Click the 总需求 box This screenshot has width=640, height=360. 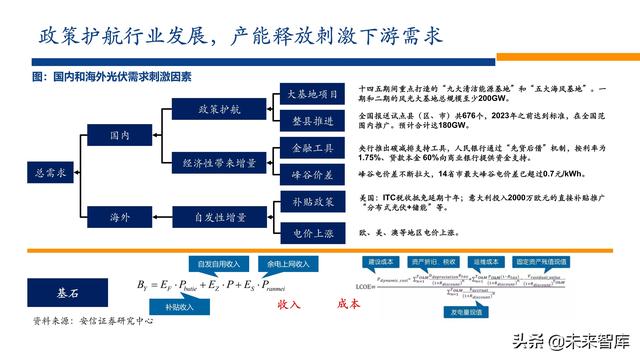[x=50, y=172]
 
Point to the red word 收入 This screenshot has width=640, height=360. [x=289, y=303]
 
